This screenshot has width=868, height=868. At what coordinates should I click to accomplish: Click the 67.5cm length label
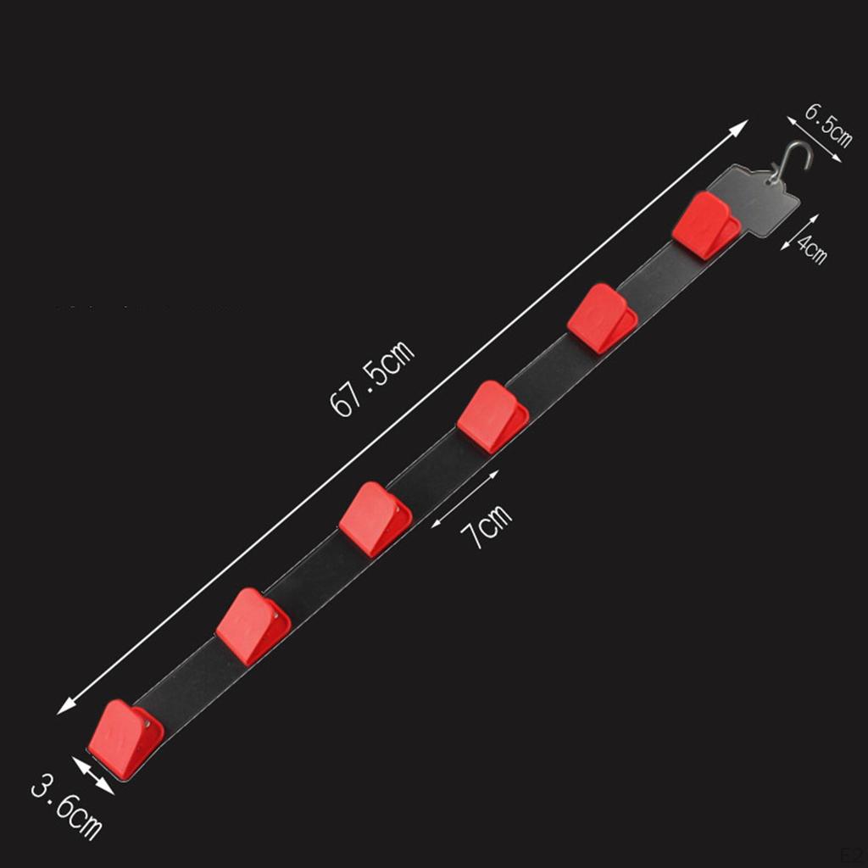371,378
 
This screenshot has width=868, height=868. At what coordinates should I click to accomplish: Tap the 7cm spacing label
487,526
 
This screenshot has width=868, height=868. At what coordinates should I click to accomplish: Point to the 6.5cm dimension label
828,125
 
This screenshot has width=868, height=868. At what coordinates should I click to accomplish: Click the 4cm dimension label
812,248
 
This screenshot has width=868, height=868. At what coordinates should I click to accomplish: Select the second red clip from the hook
603,319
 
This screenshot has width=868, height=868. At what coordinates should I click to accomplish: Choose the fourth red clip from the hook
376,520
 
